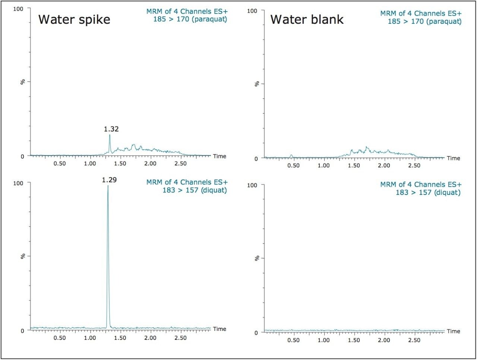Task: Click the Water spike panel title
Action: (x=74, y=19)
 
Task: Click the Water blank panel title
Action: (x=307, y=19)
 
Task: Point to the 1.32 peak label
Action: (x=111, y=129)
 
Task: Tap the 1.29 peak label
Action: (x=109, y=180)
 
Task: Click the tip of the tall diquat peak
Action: (x=108, y=186)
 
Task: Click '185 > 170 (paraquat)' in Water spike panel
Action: (x=190, y=19)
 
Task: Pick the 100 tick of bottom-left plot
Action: (x=18, y=183)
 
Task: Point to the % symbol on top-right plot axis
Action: (x=257, y=84)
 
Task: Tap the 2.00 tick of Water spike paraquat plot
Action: (x=150, y=164)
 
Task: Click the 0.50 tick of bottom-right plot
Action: (x=293, y=340)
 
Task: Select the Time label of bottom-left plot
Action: (x=219, y=329)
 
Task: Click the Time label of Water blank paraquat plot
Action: (x=453, y=158)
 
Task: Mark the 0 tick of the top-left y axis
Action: (x=22, y=156)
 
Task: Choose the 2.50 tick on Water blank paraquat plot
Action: (x=414, y=165)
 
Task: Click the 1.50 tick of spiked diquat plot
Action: (x=120, y=338)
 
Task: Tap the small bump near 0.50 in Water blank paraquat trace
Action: (x=291, y=156)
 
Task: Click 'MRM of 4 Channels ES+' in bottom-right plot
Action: (x=421, y=184)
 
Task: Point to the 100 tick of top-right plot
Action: (x=252, y=11)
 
